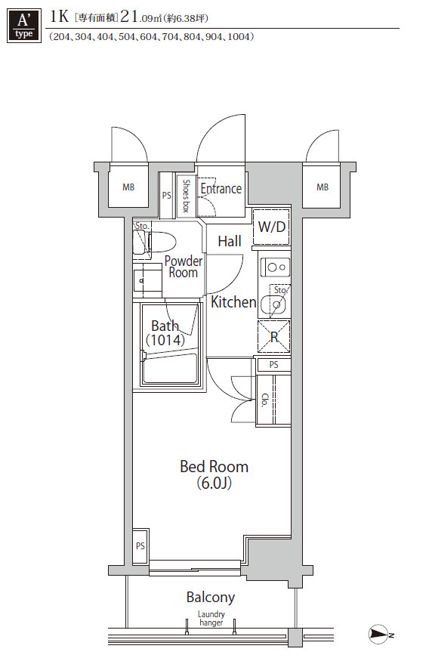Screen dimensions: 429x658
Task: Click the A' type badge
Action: pos(24,26)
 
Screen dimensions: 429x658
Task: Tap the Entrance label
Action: pos(221,189)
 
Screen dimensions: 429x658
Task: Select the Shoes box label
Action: pos(187,196)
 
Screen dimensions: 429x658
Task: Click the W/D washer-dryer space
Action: pos(272,227)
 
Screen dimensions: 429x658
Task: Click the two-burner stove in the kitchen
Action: pos(275,267)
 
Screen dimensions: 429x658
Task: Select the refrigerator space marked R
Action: pos(274,336)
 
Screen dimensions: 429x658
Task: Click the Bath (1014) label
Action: pos(165,332)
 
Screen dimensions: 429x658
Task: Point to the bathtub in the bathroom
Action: pos(170,369)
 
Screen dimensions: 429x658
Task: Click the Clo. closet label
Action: pos(264,400)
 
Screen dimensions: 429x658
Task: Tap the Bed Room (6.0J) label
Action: pos(214,474)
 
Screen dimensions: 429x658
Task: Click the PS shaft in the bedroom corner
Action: pos(140,546)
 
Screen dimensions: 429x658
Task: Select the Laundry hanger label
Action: pos(211,619)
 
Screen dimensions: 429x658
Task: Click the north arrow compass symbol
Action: pos(379,633)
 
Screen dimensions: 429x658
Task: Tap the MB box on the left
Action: pos(128,187)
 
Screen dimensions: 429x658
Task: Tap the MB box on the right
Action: pos(323,187)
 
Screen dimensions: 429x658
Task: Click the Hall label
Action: pos(230,241)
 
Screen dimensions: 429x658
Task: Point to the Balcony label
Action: pos(211,597)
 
